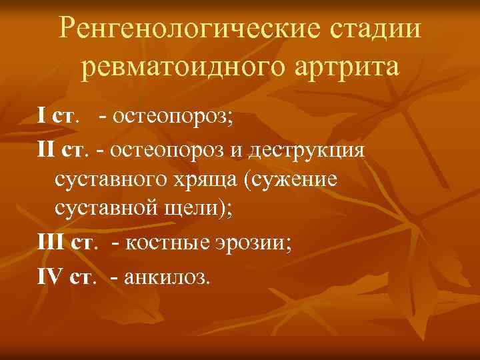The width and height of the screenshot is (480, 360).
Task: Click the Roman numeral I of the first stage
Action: coord(41,117)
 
